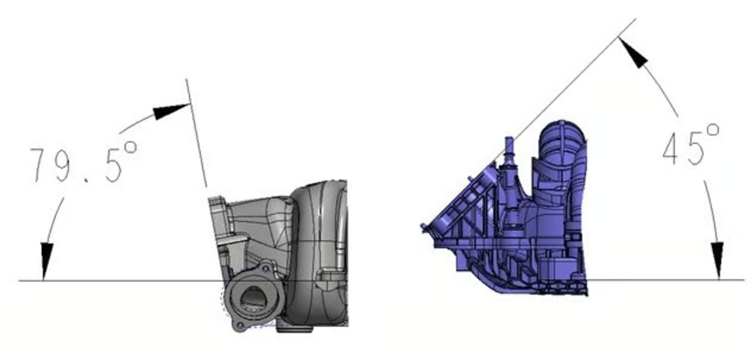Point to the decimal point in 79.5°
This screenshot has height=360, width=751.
click(87, 180)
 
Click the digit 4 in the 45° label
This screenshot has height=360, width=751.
click(673, 149)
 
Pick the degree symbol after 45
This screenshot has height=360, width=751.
click(713, 131)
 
